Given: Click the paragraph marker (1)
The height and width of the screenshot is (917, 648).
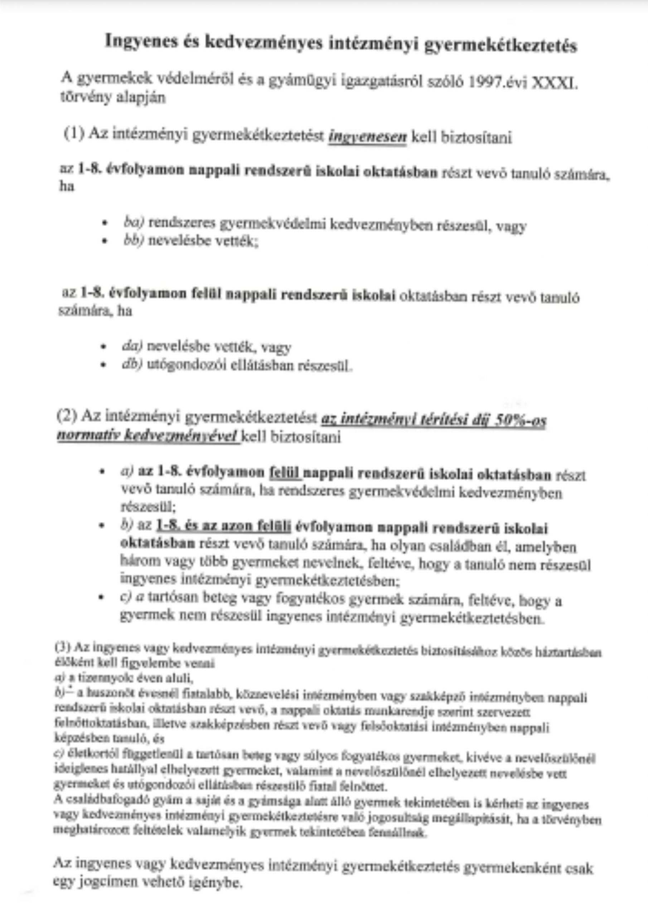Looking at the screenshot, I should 74,133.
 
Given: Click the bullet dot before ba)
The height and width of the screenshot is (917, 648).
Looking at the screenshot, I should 105,223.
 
